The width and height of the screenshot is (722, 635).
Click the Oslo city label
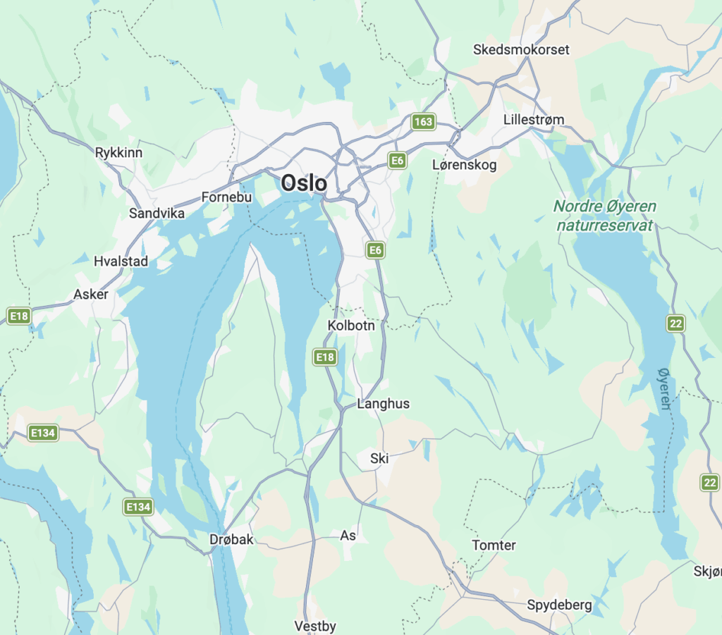304,183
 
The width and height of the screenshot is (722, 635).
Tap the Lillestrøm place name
534,120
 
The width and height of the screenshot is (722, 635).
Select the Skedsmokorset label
521,50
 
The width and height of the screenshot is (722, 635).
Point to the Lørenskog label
464,165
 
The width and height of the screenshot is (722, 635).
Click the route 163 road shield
423,122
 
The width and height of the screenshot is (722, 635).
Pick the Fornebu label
226,197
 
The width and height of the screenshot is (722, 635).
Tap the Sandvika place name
157,213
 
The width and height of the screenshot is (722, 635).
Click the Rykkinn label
118,152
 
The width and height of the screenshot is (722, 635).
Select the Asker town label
91,294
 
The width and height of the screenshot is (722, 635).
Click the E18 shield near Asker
19,316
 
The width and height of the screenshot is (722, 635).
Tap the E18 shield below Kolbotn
324,357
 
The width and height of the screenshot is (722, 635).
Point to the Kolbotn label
351,326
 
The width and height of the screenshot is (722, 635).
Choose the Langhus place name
383,404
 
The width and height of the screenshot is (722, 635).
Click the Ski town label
379,459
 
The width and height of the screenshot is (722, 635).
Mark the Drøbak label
231,539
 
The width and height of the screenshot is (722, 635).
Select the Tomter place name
494,545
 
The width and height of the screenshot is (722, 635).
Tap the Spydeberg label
559,605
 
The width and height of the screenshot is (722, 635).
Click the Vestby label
315,626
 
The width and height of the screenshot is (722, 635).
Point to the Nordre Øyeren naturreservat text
604,216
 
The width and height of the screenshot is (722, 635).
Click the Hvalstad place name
121,261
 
